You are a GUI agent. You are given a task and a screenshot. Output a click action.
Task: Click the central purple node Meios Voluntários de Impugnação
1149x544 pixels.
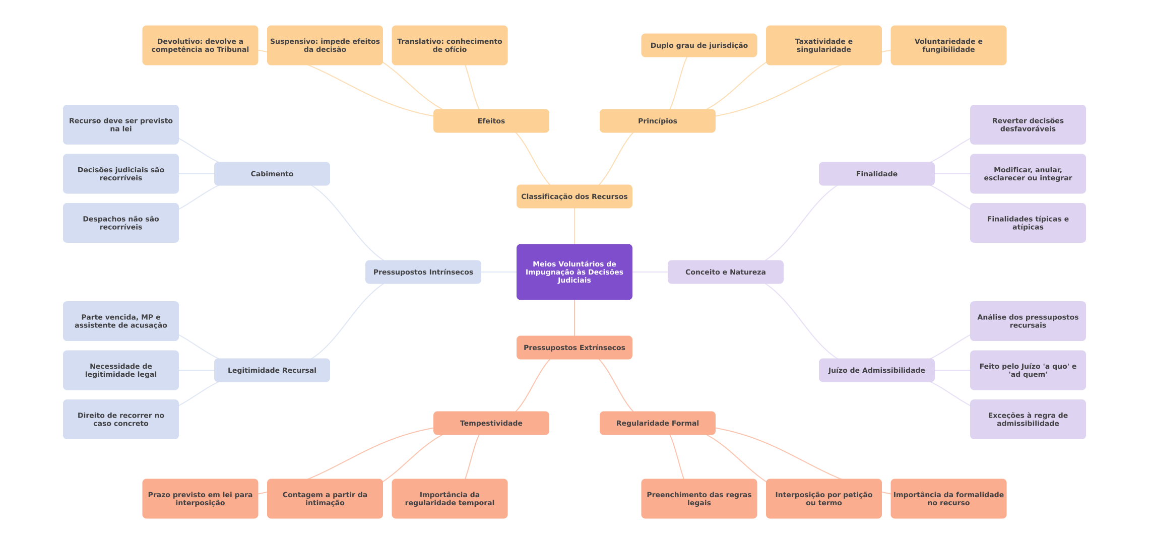click(574, 272)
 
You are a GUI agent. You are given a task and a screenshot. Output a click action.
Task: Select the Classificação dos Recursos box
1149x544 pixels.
click(574, 196)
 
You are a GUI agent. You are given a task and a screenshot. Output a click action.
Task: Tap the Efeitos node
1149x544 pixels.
click(491, 121)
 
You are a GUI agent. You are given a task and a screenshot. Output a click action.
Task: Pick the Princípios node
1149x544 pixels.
click(657, 121)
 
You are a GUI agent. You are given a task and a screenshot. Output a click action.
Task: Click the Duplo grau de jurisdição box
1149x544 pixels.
click(699, 45)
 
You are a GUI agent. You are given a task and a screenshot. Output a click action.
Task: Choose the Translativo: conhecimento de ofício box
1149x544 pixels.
click(450, 45)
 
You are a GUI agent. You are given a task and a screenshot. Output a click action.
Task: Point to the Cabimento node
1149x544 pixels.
click(272, 174)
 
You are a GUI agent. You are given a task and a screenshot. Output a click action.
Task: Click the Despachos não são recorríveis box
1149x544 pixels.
click(120, 223)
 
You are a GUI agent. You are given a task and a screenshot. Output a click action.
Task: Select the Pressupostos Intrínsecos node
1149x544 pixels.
click(423, 272)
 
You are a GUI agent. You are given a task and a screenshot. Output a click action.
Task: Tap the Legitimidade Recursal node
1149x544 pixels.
click(272, 370)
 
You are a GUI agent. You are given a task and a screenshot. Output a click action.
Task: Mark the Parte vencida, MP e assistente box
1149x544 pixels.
click(120, 321)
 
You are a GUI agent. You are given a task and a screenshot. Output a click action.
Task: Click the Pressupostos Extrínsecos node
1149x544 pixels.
click(574, 348)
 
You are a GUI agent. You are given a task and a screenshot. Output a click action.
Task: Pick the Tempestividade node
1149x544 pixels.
click(491, 423)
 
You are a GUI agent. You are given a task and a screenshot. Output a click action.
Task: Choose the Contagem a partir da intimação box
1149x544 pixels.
click(325, 499)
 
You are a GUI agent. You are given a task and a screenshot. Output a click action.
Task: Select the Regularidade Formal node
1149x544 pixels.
click(657, 423)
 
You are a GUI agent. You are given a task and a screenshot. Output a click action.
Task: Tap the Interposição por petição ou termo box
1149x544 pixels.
click(823, 499)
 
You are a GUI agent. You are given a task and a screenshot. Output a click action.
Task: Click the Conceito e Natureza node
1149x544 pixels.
click(725, 272)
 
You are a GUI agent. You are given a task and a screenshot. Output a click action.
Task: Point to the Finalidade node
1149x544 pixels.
click(876, 174)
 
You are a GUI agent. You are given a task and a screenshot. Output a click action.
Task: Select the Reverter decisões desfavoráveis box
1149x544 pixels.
click(1028, 124)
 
